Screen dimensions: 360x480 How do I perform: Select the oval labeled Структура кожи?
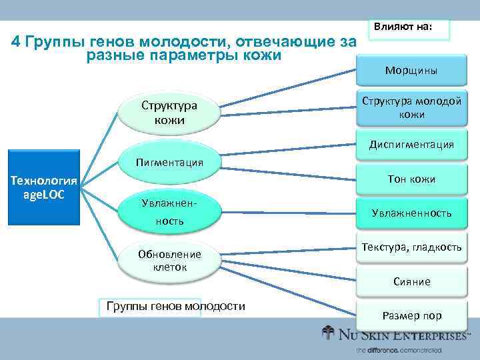pos(169,112)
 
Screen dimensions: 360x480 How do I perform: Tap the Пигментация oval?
pos(169,162)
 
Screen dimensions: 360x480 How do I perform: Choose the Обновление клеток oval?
pos(169,260)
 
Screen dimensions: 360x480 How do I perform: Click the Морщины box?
pos(411,70)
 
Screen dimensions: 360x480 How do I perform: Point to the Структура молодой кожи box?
pos(411,107)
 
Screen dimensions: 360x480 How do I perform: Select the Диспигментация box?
pos(411,144)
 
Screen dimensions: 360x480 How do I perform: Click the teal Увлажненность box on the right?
pos(411,213)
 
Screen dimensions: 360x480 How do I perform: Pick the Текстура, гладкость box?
pos(411,247)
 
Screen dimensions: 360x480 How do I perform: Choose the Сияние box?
pos(411,281)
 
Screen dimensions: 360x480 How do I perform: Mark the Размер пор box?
pos(411,315)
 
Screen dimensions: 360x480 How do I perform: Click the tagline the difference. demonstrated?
pos(399,350)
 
